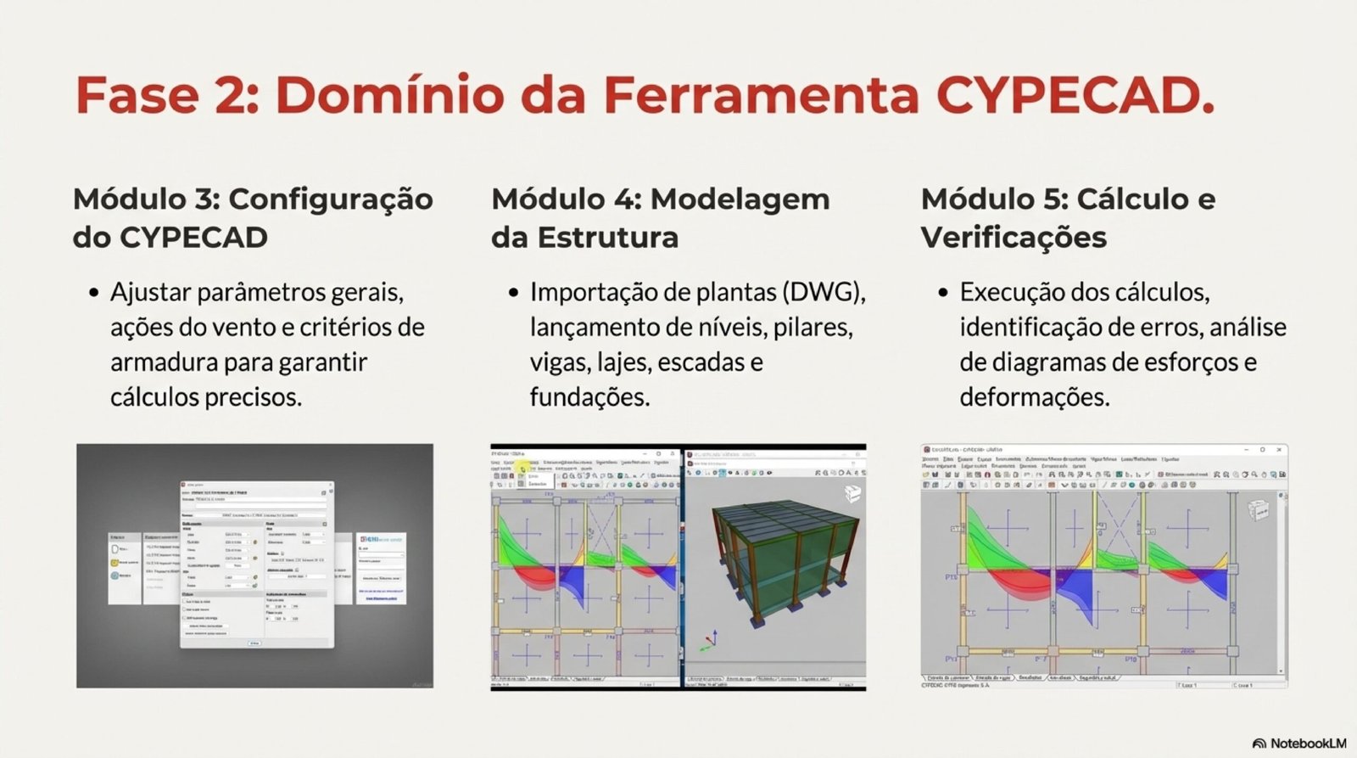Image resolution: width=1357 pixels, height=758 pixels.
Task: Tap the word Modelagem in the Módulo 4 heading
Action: (x=740, y=199)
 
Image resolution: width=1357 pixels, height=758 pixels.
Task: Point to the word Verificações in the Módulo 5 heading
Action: (x=1014, y=238)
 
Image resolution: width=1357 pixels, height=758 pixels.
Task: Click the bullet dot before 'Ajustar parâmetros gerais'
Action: (x=94, y=294)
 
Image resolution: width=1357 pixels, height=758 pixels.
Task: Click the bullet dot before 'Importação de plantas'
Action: (x=513, y=294)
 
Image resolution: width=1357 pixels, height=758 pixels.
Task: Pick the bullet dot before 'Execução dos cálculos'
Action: (x=943, y=294)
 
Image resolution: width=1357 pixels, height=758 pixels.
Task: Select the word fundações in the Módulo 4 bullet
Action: (x=589, y=396)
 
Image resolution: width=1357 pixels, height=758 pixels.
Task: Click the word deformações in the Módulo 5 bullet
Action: (x=1035, y=396)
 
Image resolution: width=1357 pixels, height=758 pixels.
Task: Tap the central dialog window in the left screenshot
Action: (x=256, y=564)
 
